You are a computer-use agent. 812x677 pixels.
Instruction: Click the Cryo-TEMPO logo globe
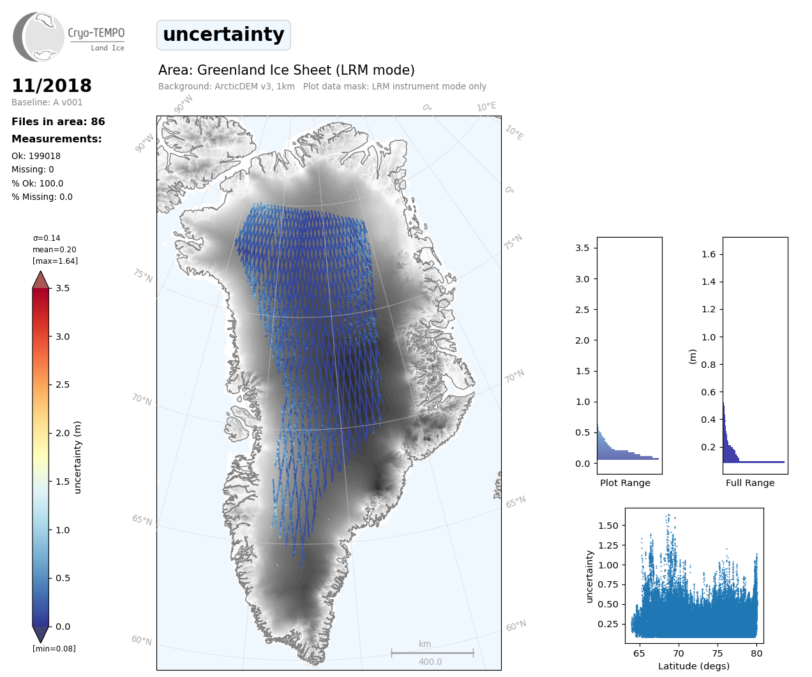pos(40,37)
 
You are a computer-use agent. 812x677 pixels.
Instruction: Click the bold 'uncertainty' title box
pos(223,34)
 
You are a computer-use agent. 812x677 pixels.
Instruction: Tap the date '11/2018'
pos(52,86)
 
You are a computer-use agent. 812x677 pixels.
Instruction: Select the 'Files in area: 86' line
pos(58,122)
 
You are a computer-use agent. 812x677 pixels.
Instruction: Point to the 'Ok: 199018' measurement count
pos(36,156)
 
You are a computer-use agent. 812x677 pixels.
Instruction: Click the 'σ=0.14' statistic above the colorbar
pos(47,238)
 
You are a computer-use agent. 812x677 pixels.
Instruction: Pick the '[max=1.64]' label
pos(55,261)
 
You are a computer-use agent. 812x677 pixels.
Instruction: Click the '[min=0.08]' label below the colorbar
pos(54,649)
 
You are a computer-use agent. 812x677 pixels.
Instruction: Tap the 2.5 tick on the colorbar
pos(62,384)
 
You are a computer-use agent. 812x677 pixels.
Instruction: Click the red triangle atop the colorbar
pos(41,280)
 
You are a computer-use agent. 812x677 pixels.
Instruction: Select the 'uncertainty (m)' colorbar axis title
pos(78,457)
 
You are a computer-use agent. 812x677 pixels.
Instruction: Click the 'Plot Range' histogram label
pos(625,483)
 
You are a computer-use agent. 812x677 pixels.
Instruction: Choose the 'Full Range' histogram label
pos(750,483)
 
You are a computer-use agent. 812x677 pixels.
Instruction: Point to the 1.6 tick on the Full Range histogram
pos(709,254)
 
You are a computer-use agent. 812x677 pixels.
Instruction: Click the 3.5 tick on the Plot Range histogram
pos(582,248)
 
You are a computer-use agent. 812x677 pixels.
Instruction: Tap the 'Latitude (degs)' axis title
pos(694,666)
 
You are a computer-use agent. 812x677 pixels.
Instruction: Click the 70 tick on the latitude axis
pos(679,653)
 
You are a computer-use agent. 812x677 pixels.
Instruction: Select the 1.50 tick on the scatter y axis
pos(608,526)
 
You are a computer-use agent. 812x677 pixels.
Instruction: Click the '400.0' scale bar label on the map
pos(430,662)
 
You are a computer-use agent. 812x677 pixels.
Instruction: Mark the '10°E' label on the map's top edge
pos(486,107)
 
